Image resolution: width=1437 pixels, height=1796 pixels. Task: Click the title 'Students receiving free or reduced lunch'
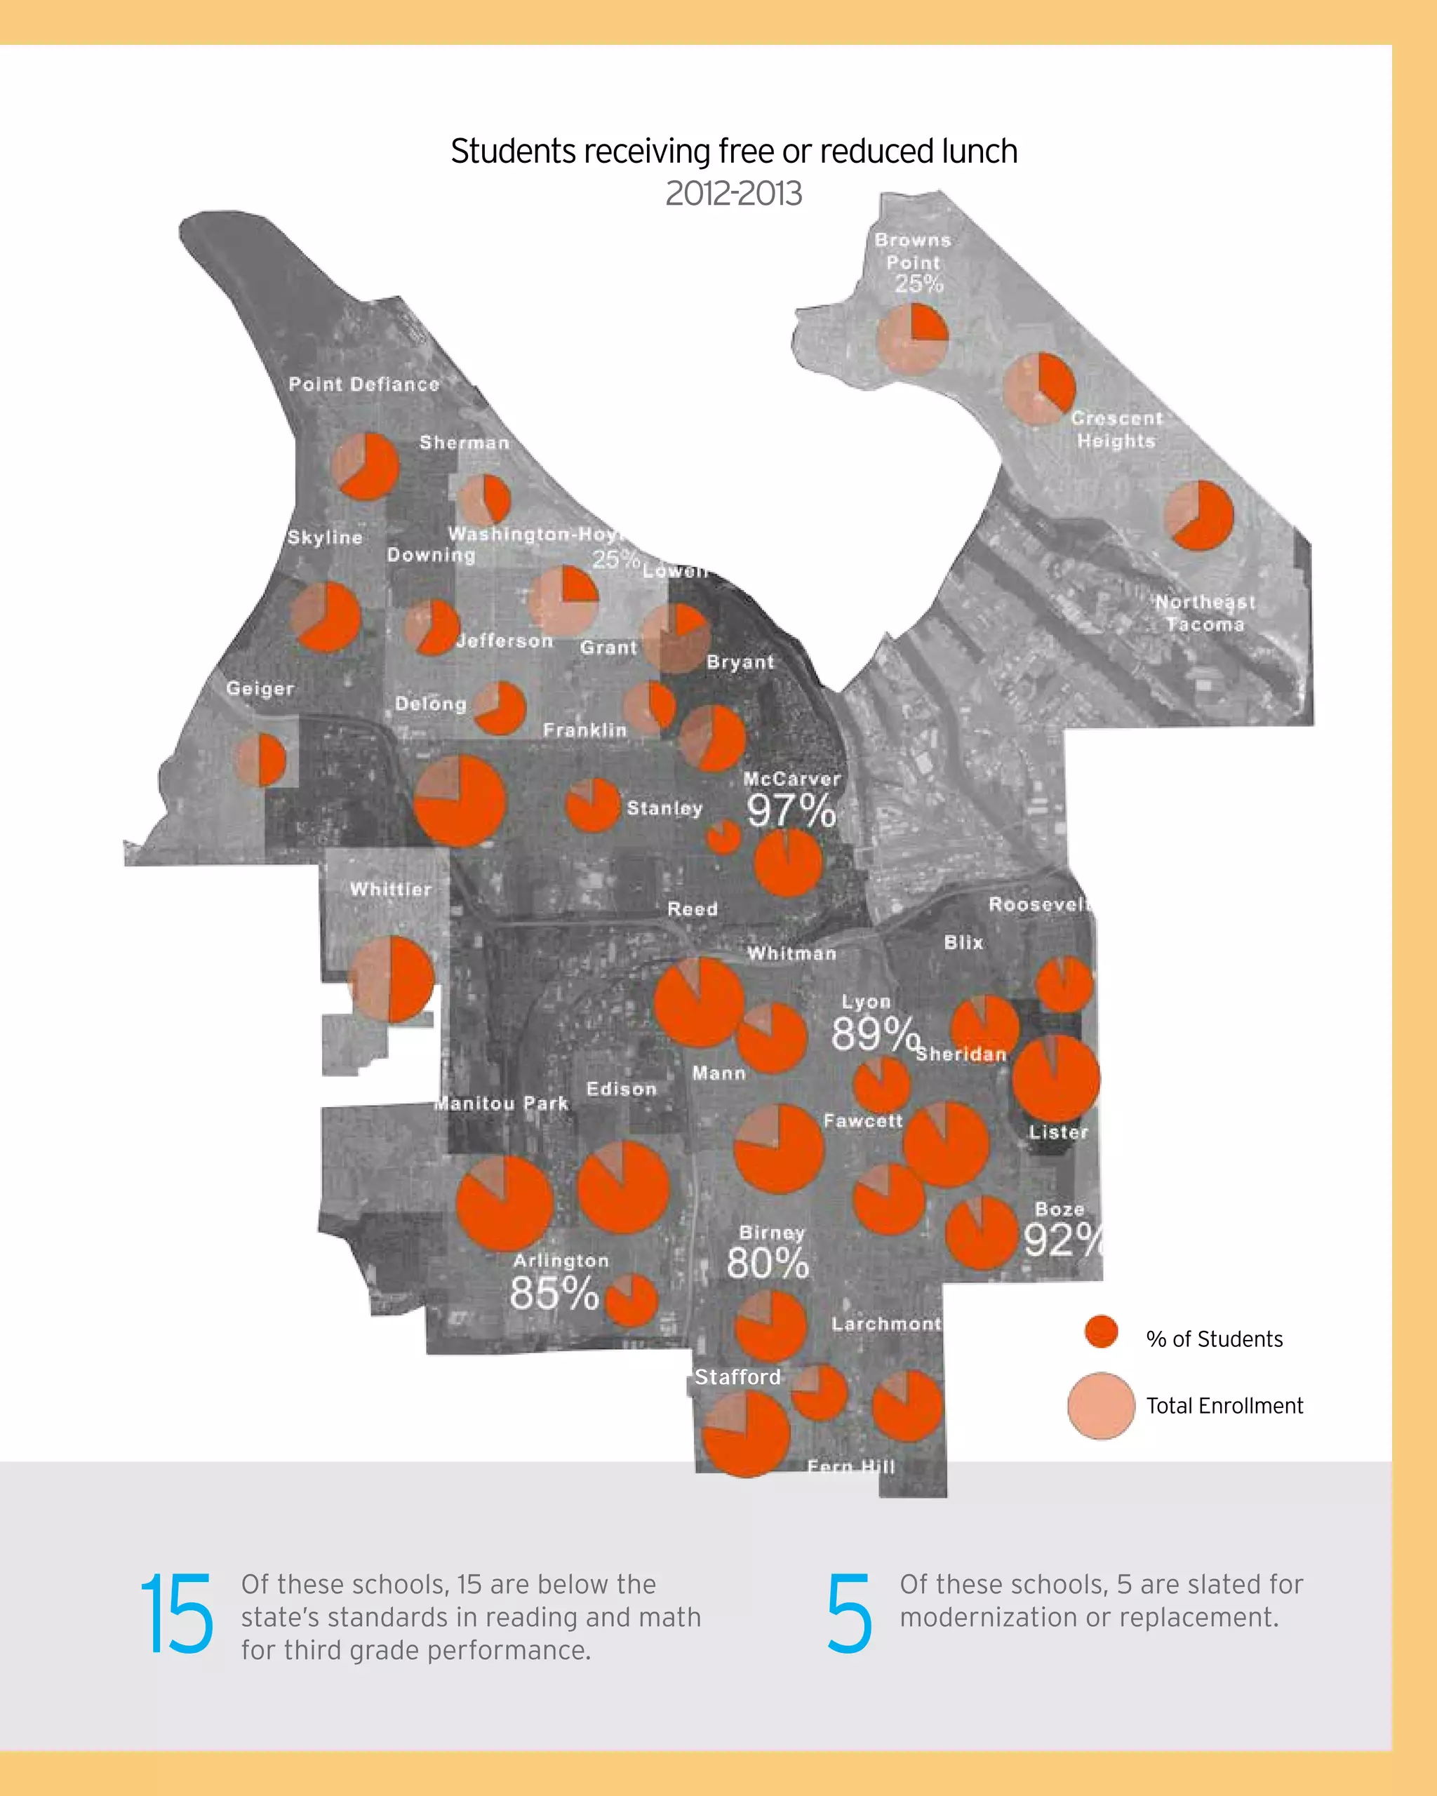(x=734, y=152)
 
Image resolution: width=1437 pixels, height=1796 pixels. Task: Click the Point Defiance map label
(x=364, y=384)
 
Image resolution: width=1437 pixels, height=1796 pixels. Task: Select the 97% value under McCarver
(x=791, y=810)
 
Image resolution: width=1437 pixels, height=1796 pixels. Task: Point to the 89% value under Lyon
(x=875, y=1034)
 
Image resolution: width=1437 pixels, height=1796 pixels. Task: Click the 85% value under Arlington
(x=554, y=1293)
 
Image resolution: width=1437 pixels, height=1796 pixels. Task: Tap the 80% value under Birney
(x=767, y=1263)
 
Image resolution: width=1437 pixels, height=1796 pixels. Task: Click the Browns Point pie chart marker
(x=912, y=338)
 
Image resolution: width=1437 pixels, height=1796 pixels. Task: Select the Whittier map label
(x=391, y=889)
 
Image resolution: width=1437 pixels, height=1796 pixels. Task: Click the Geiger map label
(x=260, y=689)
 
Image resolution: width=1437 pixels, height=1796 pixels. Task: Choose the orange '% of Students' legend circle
(x=1102, y=1331)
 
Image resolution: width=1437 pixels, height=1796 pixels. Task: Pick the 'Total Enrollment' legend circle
(x=1102, y=1405)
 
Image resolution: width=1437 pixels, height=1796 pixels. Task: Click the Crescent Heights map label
(x=1116, y=429)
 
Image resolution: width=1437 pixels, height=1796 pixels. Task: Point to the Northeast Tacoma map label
(x=1205, y=613)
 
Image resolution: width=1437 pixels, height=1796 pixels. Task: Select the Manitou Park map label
(x=502, y=1103)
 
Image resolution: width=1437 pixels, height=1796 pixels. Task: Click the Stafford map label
(x=738, y=1377)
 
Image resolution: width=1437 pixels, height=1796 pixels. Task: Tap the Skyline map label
(x=325, y=537)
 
